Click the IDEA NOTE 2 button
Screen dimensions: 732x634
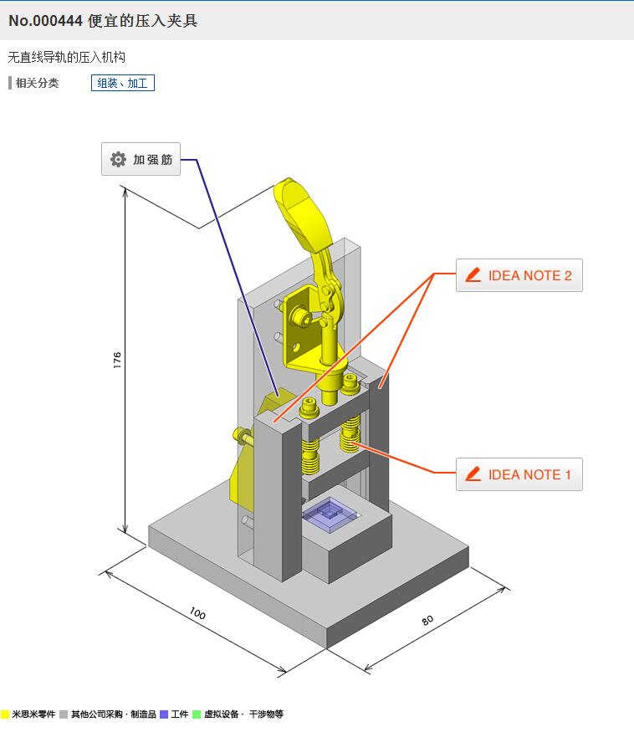[519, 275]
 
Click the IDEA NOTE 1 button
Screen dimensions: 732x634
[519, 474]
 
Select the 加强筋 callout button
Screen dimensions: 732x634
[141, 159]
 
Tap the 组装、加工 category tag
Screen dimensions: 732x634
[122, 83]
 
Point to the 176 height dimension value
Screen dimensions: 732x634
[117, 361]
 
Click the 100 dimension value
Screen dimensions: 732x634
[197, 614]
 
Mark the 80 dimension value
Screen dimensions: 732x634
[427, 621]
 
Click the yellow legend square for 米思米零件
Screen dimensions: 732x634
[5, 714]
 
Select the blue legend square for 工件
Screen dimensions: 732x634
[164, 714]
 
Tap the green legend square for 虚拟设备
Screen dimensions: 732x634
[197, 714]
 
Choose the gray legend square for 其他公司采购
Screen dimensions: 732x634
[64, 714]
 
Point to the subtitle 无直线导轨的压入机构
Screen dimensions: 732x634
[67, 58]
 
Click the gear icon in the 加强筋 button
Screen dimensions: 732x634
[118, 159]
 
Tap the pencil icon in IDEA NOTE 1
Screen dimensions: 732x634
[473, 474]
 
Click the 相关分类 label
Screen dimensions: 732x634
[37, 83]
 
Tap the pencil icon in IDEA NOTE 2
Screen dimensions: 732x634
[473, 275]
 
